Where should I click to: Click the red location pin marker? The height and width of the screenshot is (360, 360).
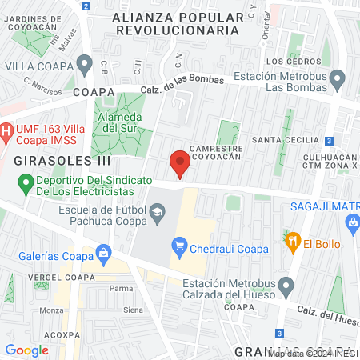[x=180, y=164]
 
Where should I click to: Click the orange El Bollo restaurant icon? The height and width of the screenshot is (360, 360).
[x=292, y=240]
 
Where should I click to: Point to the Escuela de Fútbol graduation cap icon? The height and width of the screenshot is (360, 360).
[x=157, y=212]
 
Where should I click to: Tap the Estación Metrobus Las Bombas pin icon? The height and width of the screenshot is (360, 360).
[x=338, y=78]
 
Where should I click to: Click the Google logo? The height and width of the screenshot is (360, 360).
[x=26, y=350]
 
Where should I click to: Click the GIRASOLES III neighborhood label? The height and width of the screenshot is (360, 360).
[x=50, y=161]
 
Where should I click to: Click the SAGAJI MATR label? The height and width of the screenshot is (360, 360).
[x=327, y=206]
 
